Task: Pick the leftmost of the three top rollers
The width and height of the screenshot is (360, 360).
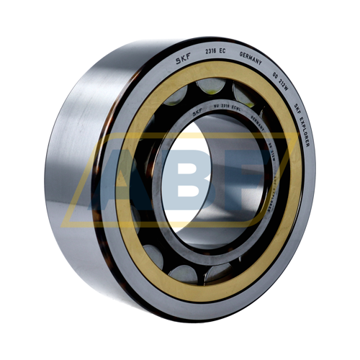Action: coord(176,99)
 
